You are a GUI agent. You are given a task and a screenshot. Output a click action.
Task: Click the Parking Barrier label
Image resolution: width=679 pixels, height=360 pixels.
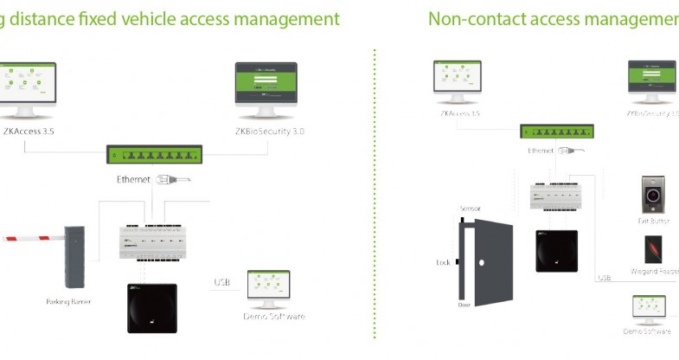pyautogui.click(x=68, y=302)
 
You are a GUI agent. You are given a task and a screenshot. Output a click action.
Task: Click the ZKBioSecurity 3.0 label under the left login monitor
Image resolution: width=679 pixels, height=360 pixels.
pyautogui.click(x=269, y=132)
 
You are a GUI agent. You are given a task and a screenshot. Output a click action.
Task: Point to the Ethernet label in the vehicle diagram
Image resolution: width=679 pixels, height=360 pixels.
pyautogui.click(x=133, y=180)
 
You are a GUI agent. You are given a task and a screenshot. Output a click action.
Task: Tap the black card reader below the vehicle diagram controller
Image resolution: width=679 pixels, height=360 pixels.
pyautogui.click(x=152, y=308)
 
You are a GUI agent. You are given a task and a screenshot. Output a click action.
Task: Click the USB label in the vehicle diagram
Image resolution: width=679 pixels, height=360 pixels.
pyautogui.click(x=222, y=282)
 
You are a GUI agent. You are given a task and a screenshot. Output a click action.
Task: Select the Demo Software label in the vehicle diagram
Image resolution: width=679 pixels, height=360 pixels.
pyautogui.click(x=274, y=317)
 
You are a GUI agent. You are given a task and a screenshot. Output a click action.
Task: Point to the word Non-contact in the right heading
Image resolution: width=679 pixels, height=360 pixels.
pyautogui.click(x=473, y=18)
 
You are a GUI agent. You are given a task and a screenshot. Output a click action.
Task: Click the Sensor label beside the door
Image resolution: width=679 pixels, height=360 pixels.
pyautogui.click(x=470, y=209)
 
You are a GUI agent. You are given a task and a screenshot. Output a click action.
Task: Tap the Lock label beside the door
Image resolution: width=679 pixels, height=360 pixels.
pyautogui.click(x=443, y=261)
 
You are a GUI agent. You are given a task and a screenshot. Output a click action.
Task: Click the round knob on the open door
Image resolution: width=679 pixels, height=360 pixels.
pyautogui.click(x=490, y=261)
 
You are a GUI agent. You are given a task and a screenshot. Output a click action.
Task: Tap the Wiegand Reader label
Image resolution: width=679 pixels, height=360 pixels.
pyautogui.click(x=657, y=271)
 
